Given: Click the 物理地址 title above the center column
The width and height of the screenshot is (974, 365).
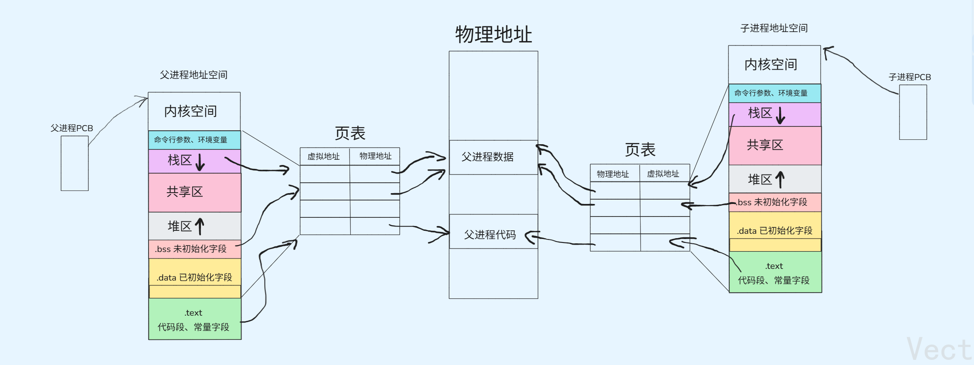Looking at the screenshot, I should [x=493, y=34].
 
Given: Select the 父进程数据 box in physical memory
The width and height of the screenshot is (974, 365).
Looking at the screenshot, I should [x=493, y=157].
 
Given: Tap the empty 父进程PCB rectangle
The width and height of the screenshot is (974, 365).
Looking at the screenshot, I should [x=74, y=163].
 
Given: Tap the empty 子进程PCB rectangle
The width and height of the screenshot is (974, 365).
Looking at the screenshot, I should [x=913, y=112].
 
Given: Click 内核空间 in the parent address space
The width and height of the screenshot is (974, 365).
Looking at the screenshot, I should [x=191, y=111].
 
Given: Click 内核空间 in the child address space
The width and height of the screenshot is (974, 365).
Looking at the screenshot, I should [x=771, y=65].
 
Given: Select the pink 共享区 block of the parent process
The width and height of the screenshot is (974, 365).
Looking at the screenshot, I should [x=194, y=192].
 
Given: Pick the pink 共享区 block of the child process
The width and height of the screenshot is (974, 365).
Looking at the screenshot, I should [x=775, y=145].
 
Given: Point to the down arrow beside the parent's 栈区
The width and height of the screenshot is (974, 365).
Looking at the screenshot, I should [x=200, y=162].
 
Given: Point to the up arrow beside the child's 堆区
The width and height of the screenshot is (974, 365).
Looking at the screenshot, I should [x=780, y=179].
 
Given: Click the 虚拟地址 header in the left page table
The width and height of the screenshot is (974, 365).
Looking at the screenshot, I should [x=324, y=156].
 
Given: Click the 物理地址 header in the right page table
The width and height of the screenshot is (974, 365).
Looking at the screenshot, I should [x=613, y=174].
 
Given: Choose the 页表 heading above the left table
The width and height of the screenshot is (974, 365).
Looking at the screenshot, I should [x=350, y=133].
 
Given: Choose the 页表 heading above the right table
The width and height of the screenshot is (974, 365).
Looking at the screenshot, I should [x=640, y=150].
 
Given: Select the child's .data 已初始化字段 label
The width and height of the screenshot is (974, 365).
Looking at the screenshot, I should [x=774, y=231].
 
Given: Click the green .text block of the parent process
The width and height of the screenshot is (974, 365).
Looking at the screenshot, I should [x=194, y=319].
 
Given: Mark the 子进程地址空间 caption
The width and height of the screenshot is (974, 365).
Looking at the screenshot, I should [x=773, y=28].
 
